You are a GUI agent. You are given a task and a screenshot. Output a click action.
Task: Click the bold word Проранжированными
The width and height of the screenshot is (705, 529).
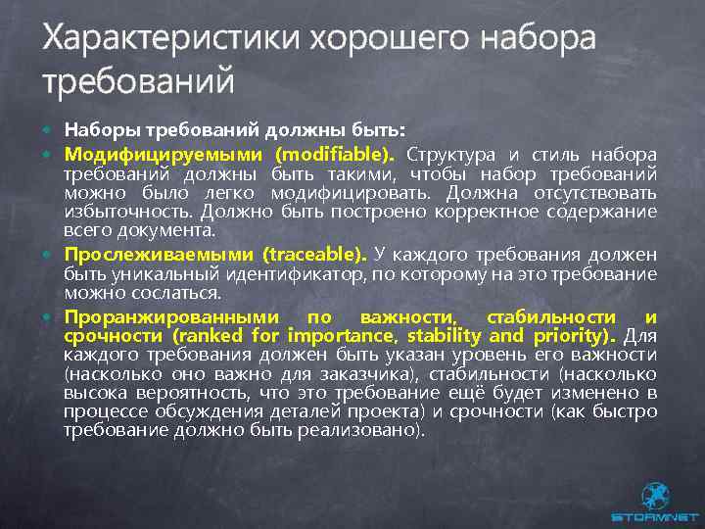[173, 317]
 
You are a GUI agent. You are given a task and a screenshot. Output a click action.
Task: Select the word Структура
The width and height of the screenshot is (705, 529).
[450, 154]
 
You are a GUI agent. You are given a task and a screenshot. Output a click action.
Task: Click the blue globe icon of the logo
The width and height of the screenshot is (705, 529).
[654, 494]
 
